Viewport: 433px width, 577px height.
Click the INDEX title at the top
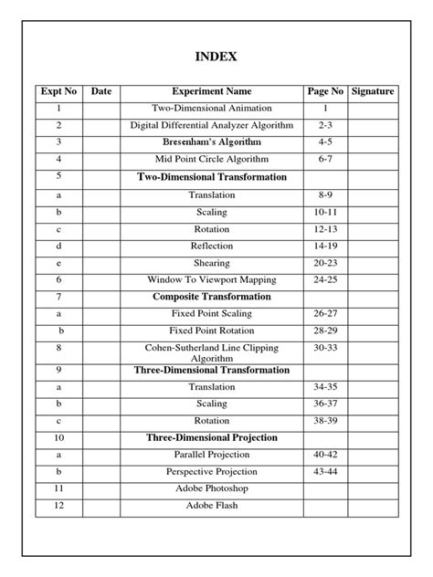[216, 57]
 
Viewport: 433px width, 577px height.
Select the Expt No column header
[58, 92]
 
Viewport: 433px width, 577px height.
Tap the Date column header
[101, 92]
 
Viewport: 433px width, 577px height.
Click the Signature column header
[373, 92]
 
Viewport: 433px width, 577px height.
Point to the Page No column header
[325, 92]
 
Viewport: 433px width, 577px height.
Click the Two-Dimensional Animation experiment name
[212, 109]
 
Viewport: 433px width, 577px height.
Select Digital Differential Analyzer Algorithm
[212, 126]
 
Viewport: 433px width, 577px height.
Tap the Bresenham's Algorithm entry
[212, 142]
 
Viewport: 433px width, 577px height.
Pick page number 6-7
[325, 160]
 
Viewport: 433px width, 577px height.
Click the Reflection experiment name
[212, 246]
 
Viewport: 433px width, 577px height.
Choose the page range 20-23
[325, 263]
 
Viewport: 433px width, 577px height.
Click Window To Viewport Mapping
[212, 279]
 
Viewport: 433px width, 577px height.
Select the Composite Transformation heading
[212, 297]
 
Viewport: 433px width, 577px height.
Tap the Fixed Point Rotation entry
[212, 330]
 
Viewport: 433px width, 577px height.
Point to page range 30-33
[325, 348]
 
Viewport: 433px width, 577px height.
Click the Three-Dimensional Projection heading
[212, 437]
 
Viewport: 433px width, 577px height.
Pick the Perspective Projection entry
[212, 472]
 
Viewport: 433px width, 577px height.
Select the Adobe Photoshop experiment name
[212, 488]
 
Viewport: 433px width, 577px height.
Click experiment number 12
[58, 506]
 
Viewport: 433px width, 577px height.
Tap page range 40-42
[325, 455]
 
